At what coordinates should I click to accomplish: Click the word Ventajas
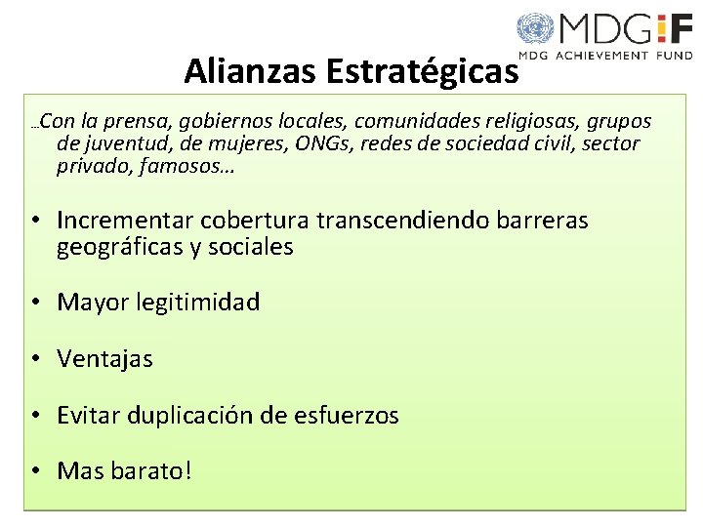(105, 359)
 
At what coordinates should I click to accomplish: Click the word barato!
(156, 471)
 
